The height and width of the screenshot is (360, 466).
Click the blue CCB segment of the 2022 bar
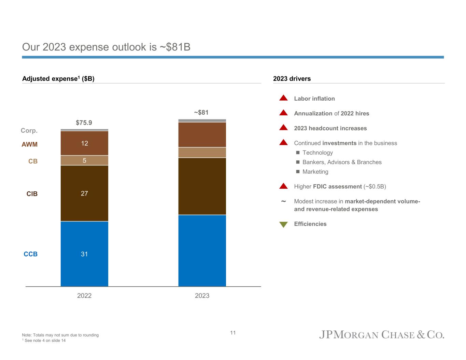coord(84,254)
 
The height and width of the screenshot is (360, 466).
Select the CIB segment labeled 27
coord(84,193)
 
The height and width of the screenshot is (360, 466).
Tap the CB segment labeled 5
coord(84,160)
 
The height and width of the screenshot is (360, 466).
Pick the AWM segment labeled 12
coord(84,143)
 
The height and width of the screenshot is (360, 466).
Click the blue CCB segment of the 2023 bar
coord(202,250)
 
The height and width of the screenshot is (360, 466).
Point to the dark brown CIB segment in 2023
coord(202,186)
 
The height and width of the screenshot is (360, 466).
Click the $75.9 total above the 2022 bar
coord(84,123)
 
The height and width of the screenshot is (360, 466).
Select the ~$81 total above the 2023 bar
coord(201,112)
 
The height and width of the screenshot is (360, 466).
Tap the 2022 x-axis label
coord(84,296)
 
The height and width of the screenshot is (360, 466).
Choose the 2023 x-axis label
coord(202,296)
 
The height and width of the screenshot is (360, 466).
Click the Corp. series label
coord(29,131)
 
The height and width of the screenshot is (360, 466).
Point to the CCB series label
coord(31,254)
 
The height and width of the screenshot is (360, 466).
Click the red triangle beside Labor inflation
coord(284,98)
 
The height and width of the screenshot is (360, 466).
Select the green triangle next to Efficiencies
coord(284,225)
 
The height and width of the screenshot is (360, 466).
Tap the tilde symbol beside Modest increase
coord(283,202)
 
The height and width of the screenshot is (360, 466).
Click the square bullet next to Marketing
coord(298,172)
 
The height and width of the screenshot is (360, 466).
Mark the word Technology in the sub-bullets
coord(317,153)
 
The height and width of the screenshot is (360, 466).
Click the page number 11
coord(233,333)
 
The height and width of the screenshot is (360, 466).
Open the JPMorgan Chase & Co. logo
coord(382,334)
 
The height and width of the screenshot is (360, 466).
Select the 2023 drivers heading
coord(292,79)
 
